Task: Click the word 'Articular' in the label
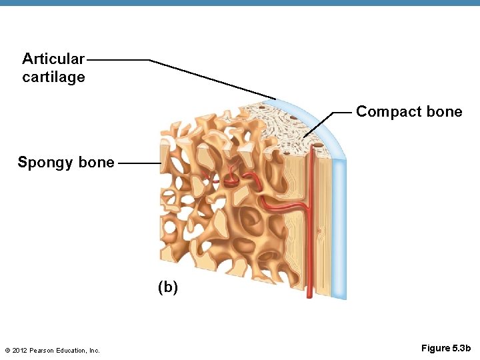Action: coord(53,59)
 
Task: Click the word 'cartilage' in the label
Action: coord(53,77)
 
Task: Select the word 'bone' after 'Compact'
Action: coord(444,111)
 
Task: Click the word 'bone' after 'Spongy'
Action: coord(96,163)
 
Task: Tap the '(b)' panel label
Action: coord(168,287)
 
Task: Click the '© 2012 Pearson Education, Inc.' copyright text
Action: coord(52,350)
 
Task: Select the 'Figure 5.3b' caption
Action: coord(446,348)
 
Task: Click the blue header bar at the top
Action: coord(240,3)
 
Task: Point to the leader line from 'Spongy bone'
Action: coord(141,163)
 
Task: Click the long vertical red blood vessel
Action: coord(310,253)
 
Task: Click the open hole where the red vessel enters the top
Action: coord(312,153)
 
